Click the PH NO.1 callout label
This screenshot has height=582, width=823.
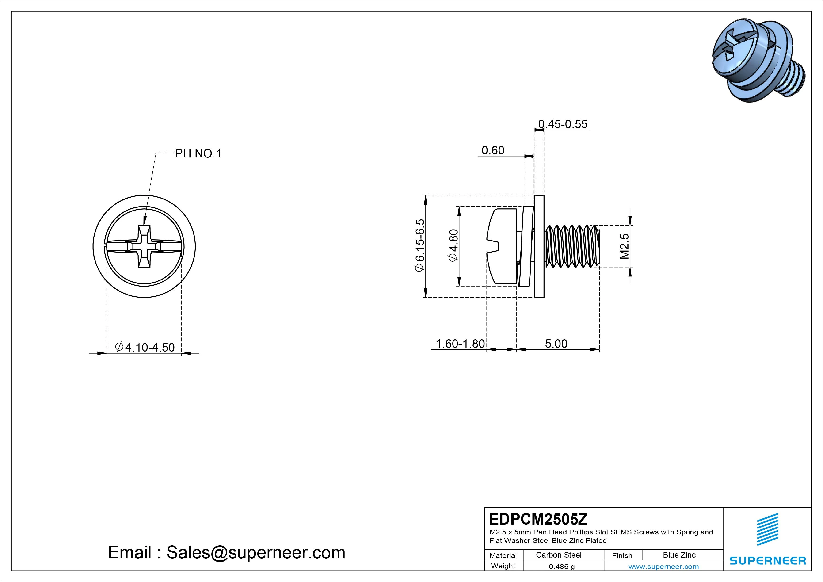[198, 154]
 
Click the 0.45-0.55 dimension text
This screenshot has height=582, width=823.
[563, 124]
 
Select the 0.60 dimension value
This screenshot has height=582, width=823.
[493, 151]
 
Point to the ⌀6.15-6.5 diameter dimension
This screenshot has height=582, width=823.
[419, 246]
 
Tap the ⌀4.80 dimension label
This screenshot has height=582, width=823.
[453, 246]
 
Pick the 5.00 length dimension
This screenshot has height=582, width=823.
[556, 344]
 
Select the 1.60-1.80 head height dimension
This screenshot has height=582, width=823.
[460, 344]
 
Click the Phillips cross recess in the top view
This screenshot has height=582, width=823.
[144, 246]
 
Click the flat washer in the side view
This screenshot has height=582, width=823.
[539, 246]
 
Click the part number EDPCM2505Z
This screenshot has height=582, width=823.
[538, 519]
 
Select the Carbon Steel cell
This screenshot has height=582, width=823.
[558, 555]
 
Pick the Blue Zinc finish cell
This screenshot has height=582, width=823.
[679, 555]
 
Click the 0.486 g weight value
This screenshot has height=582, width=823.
[562, 567]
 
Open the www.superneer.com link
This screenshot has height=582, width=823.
[663, 567]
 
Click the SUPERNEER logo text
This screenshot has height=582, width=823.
[767, 560]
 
